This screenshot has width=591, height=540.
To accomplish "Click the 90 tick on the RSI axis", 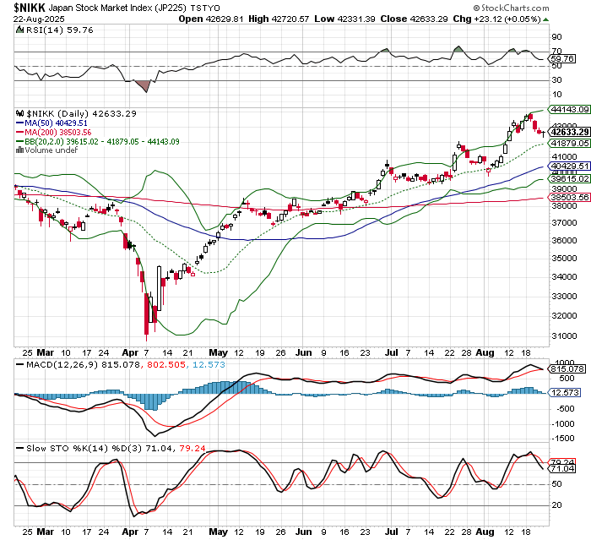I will click(x=556, y=37).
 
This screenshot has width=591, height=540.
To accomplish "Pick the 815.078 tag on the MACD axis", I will click(x=566, y=368).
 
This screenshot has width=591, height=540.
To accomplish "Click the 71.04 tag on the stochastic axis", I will click(x=562, y=468).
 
